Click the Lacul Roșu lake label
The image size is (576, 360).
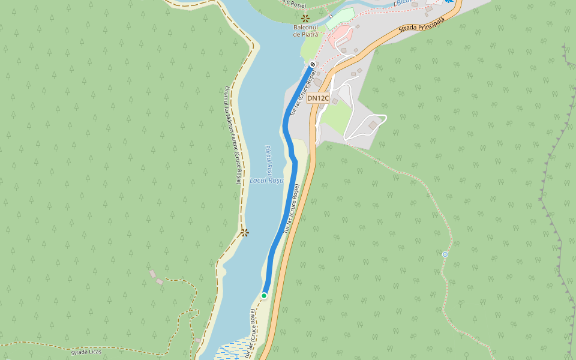(266, 180)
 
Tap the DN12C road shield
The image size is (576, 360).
(318, 98)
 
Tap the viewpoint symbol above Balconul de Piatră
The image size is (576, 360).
(305, 19)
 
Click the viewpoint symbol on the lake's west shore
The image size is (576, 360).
(244, 233)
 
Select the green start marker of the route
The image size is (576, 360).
(264, 295)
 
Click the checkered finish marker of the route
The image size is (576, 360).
(313, 64)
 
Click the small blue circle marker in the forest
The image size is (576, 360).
(445, 254)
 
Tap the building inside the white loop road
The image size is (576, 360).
(373, 125)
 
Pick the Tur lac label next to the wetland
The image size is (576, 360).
(250, 334)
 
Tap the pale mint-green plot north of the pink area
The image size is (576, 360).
(340, 17)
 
